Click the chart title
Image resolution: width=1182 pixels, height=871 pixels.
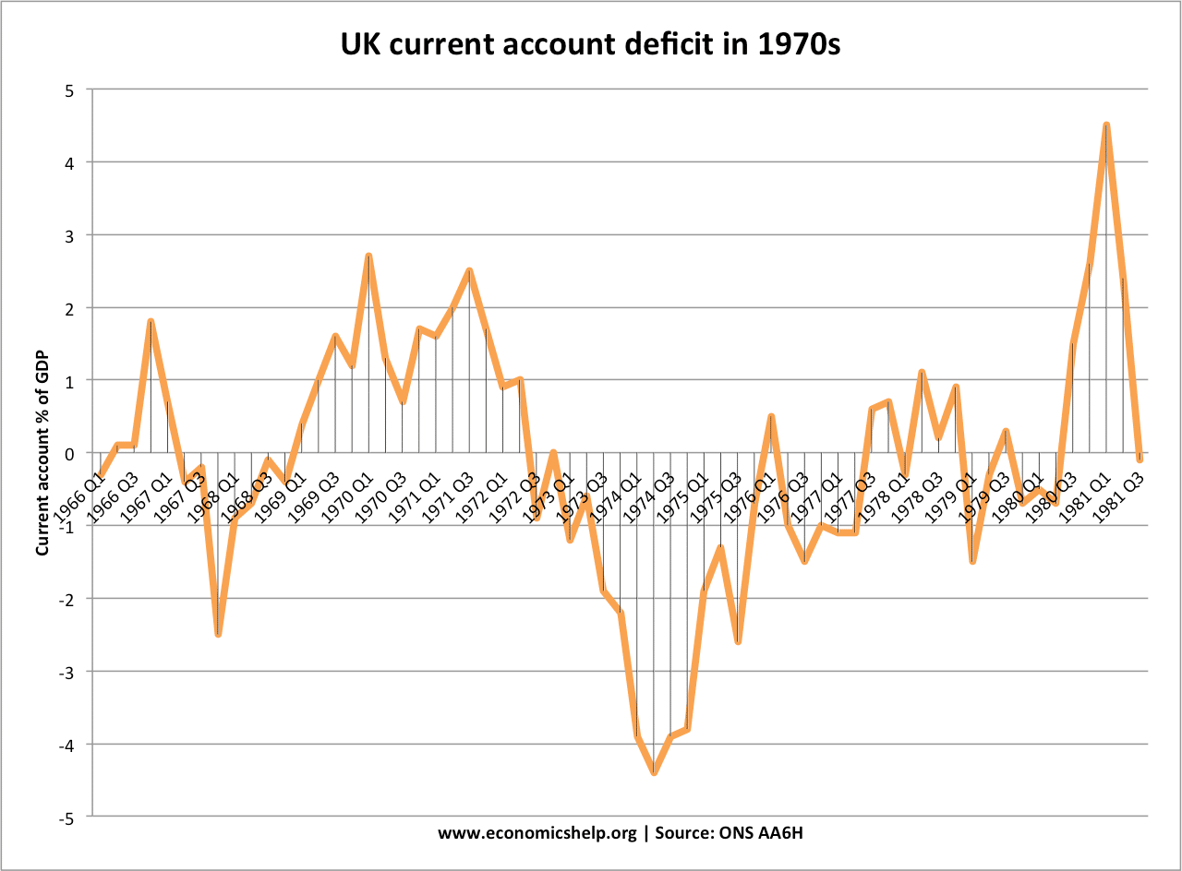coord(590,43)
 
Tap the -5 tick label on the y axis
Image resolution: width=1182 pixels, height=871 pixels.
coord(70,817)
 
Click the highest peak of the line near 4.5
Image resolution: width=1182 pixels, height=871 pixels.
coord(1105,125)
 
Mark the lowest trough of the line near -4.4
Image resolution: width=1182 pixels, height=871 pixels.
coord(653,772)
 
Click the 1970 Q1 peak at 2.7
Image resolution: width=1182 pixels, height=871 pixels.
coord(368,256)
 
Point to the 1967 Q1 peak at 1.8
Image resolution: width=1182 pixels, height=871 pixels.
coord(150,321)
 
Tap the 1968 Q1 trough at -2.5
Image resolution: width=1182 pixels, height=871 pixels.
coord(218,634)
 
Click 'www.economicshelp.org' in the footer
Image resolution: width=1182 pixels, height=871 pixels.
coord(537,832)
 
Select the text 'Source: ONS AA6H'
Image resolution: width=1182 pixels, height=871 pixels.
coord(734,832)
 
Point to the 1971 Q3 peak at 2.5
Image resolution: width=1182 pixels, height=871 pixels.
coord(469,270)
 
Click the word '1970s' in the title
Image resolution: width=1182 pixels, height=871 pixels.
coord(796,43)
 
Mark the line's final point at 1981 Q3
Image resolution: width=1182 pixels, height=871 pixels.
coord(1140,459)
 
